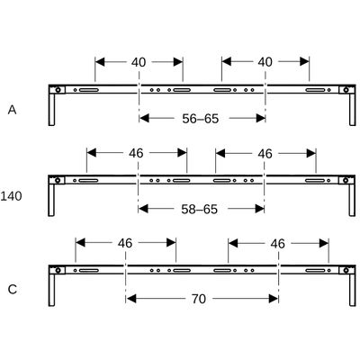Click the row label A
pyautogui.click(x=12, y=110)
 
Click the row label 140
pyautogui.click(x=11, y=196)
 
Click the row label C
pyautogui.click(x=13, y=290)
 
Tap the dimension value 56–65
pyautogui.click(x=201, y=119)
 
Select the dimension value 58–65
pyautogui.click(x=199, y=209)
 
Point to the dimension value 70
pyautogui.click(x=199, y=299)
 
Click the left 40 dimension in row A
pyautogui.click(x=139, y=62)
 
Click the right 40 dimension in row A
pyautogui.click(x=265, y=62)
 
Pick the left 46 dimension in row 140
pyautogui.click(x=136, y=153)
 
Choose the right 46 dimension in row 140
pyautogui.click(x=265, y=154)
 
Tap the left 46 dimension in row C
pyautogui.click(x=125, y=243)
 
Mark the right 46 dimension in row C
pyautogui.click(x=278, y=244)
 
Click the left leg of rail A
pyautogui.click(x=51, y=110)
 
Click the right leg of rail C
pyautogui.click(x=353, y=290)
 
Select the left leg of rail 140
pyautogui.click(x=51, y=200)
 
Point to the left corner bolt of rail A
pyautogui.click(x=58, y=90)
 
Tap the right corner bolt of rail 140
pyautogui.click(x=346, y=180)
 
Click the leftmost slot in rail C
pyautogui.click(x=89, y=271)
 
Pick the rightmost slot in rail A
pyautogui.click(x=315, y=90)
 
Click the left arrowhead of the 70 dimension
pyautogui.click(x=131, y=299)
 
